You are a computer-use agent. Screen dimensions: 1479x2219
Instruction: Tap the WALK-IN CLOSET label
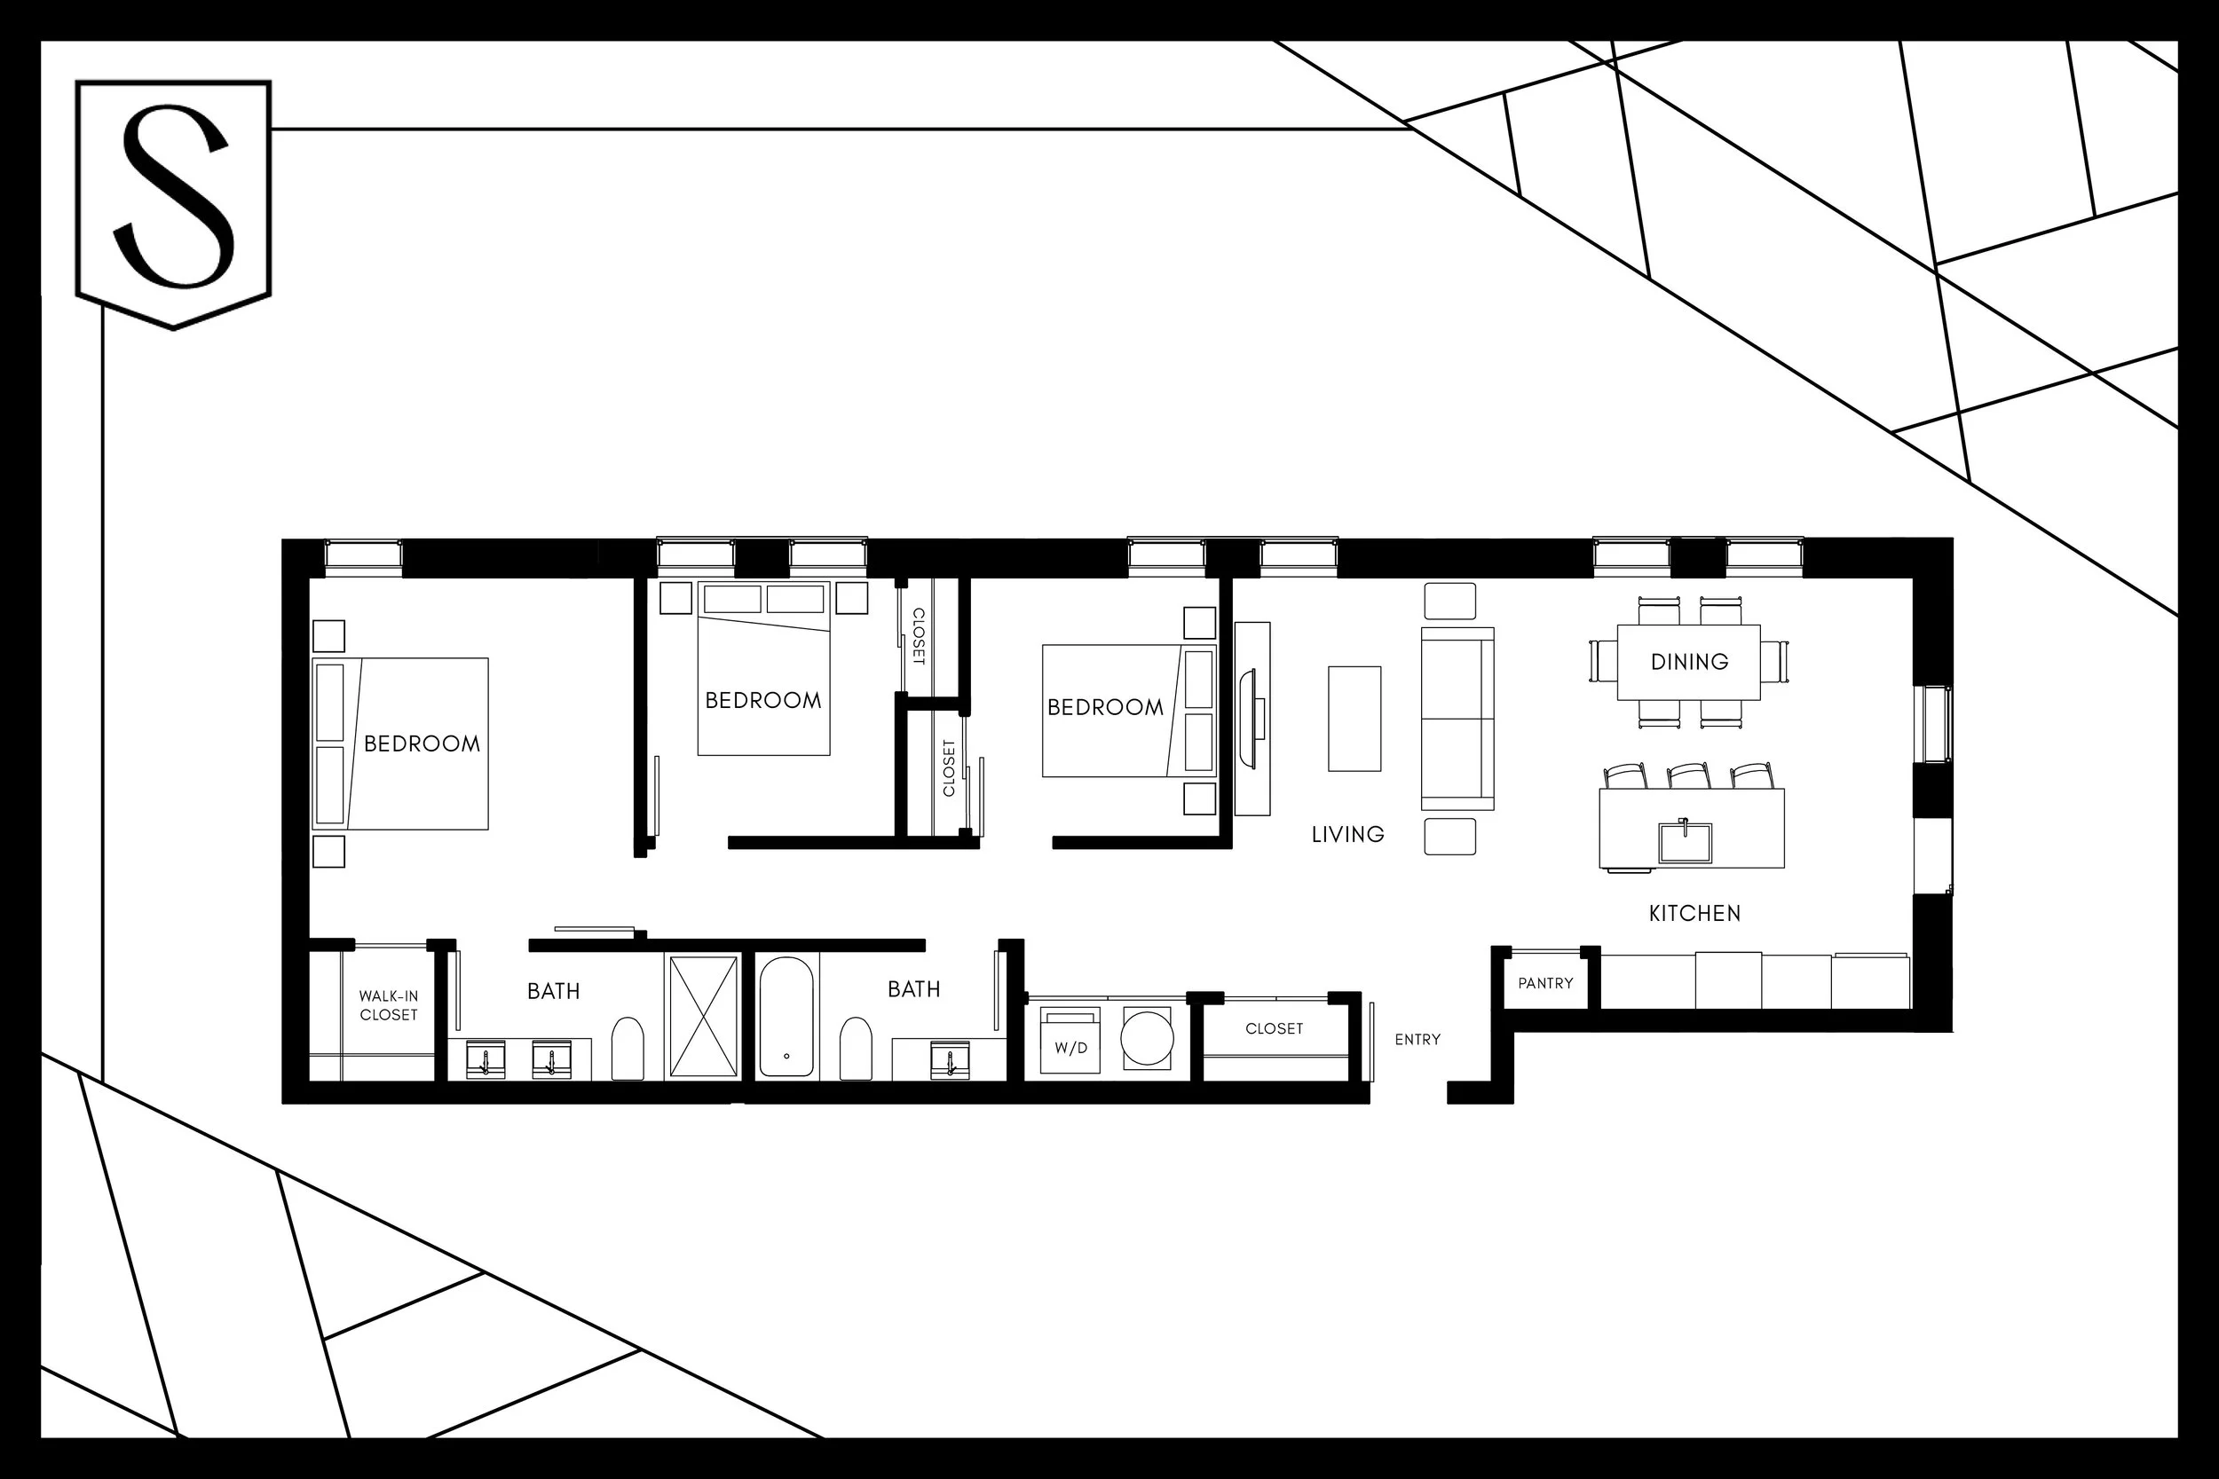pyautogui.click(x=389, y=1005)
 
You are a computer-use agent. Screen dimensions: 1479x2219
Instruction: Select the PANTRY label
pyautogui.click(x=1545, y=983)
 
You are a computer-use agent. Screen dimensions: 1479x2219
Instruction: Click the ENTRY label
pyautogui.click(x=1417, y=1040)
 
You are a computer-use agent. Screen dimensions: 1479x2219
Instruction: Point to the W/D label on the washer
pyautogui.click(x=1070, y=1048)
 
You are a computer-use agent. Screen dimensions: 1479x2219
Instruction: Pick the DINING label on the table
pyautogui.click(x=1689, y=662)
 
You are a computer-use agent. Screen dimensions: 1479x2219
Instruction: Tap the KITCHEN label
pyautogui.click(x=1694, y=913)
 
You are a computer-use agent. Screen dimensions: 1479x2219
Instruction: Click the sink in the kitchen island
pyautogui.click(x=1685, y=841)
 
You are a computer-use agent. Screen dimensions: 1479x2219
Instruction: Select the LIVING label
pyautogui.click(x=1347, y=834)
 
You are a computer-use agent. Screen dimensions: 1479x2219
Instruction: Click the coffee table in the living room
pyautogui.click(x=1354, y=719)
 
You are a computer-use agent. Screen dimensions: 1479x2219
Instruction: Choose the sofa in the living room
pyautogui.click(x=1457, y=719)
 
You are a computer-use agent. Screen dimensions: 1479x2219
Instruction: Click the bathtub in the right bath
pyautogui.click(x=786, y=1017)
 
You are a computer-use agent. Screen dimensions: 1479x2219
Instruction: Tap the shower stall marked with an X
pyautogui.click(x=703, y=1016)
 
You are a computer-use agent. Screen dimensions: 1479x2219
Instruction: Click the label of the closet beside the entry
pyautogui.click(x=1274, y=1028)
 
